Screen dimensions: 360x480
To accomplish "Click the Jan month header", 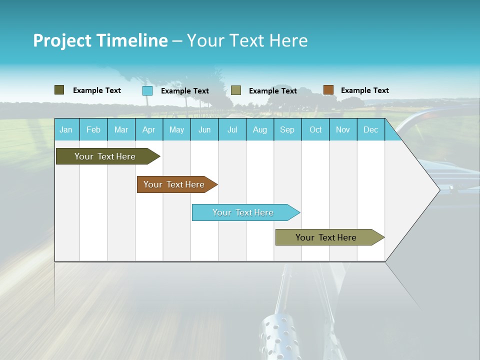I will (66, 129).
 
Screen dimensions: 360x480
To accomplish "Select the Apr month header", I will (148, 129).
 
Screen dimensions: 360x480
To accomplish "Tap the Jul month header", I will (232, 129).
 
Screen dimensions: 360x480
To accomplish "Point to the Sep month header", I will (287, 129).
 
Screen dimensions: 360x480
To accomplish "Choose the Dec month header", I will (370, 129).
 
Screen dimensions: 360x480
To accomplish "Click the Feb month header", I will (93, 129).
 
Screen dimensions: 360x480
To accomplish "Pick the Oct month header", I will (315, 129).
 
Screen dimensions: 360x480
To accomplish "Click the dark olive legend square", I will (59, 90).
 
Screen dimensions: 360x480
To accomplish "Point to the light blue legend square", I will (147, 90).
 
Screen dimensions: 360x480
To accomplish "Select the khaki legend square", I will (236, 90).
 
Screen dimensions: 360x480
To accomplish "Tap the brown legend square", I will (328, 90).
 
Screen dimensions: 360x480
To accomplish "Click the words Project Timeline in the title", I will (100, 40).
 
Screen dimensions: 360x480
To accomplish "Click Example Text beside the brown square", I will (364, 90).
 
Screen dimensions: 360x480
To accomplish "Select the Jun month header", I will (204, 129).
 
